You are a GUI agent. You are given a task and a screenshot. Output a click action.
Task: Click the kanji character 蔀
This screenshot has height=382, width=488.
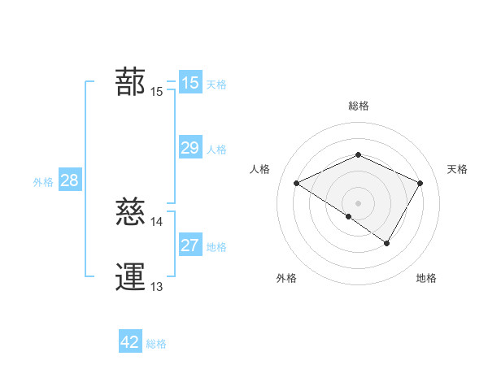(x=130, y=82)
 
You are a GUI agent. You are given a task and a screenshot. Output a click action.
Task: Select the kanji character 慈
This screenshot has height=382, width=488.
(x=130, y=212)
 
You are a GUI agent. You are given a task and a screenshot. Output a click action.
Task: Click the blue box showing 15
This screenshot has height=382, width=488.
(x=190, y=82)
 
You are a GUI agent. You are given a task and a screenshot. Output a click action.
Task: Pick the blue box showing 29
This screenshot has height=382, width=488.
(x=190, y=147)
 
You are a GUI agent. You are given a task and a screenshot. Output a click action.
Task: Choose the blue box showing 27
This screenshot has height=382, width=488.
(x=190, y=245)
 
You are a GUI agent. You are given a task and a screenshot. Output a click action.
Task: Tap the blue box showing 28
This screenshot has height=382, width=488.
(x=69, y=180)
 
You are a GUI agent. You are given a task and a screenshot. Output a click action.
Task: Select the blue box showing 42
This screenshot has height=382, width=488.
(x=130, y=342)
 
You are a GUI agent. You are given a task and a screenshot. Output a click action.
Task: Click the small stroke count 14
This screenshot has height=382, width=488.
(x=157, y=221)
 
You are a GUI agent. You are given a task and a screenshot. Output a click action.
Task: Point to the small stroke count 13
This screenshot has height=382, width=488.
(x=157, y=286)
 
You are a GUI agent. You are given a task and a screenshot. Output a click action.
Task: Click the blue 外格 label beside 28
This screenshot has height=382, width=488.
(x=43, y=182)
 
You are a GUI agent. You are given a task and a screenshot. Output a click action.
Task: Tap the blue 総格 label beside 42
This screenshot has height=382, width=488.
(x=156, y=345)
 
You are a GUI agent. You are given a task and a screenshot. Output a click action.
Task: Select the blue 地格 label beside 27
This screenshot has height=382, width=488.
(x=216, y=247)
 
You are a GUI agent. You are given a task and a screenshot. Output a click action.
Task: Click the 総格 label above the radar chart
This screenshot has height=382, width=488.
(x=359, y=106)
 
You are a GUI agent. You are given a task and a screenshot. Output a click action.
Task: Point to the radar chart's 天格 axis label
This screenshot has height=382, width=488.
(x=458, y=169)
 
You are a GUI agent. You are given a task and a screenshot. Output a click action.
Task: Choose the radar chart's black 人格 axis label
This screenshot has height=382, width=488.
(x=260, y=169)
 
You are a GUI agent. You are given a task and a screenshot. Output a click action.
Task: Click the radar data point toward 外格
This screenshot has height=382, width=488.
(x=349, y=216)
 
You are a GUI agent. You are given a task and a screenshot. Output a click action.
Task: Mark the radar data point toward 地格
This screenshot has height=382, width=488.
(x=387, y=243)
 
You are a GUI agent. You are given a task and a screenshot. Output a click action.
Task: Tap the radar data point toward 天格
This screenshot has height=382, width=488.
(x=420, y=183)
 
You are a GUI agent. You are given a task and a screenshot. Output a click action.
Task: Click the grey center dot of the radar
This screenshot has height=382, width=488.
(x=359, y=202)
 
